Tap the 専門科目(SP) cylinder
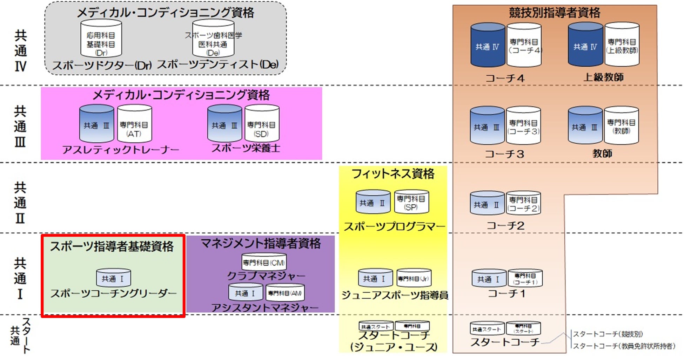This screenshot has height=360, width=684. pos(411,203)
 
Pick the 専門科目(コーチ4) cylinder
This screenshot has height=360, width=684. pos(524,46)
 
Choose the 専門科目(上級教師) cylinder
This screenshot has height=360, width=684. pos(622,46)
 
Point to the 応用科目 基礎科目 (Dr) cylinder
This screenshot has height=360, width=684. pos(101,39)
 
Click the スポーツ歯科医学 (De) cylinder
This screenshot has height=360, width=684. pos(213,39)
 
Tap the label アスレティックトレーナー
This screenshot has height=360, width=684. pos(121,150)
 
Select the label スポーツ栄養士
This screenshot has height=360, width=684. pos(246,148)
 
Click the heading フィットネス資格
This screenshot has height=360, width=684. pos(393,174)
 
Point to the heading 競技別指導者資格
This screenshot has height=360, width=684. pos(555,13)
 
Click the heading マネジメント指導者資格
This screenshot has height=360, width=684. pos(261,243)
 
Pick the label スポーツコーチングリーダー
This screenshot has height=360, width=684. pos(113,293)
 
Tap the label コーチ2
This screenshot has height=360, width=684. pos(505,226)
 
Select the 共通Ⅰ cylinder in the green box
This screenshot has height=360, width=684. pos(113,278)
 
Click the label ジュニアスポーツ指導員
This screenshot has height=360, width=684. pos(395,296)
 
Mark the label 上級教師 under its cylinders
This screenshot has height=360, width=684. pos(603,77)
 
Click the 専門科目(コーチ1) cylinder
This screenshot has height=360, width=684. pos(525,279)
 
